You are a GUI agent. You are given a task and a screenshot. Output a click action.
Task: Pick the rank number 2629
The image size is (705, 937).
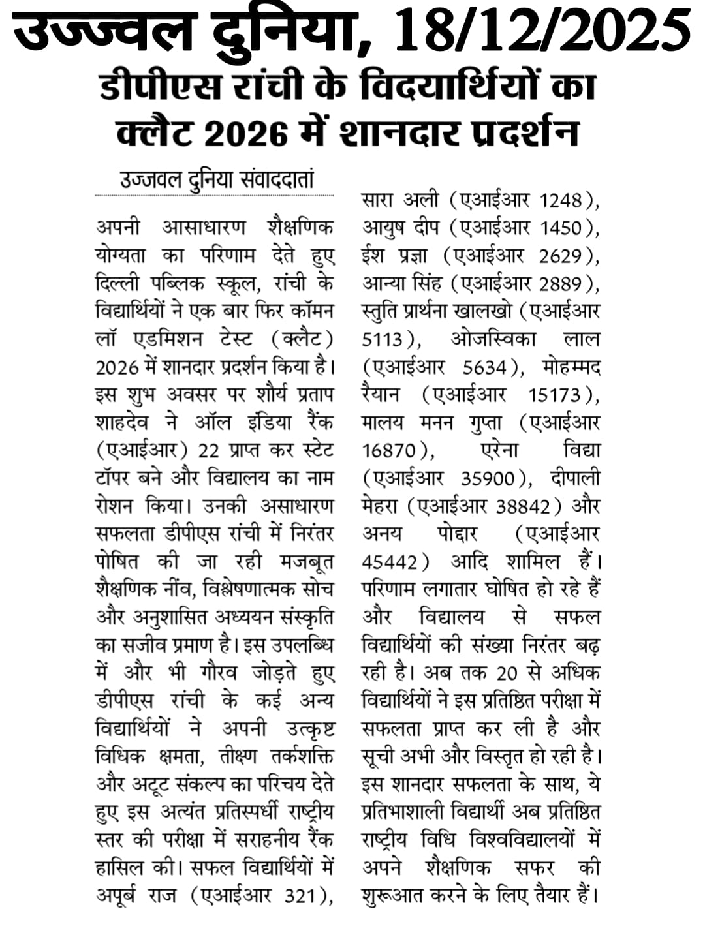pyautogui.click(x=561, y=256)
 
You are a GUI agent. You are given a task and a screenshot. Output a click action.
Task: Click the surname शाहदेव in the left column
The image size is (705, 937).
pyautogui.click(x=127, y=423)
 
